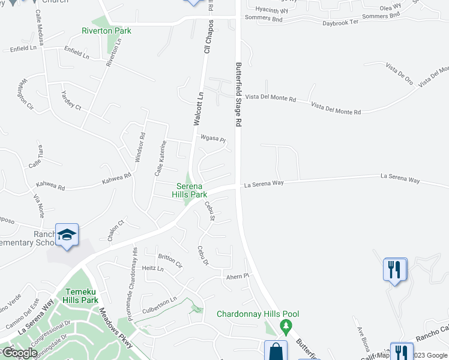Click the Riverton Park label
pyautogui.click(x=106, y=31)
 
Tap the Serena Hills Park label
pyautogui.click(x=190, y=190)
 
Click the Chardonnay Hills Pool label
pyautogui.click(x=258, y=314)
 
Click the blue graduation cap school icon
pyautogui.click(x=67, y=235)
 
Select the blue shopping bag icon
pyautogui.click(x=276, y=351)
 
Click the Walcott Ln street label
pyautogui.click(x=199, y=108)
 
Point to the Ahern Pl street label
pyautogui.click(x=237, y=277)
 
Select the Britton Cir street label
pyautogui.click(x=170, y=260)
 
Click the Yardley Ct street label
pyautogui.click(x=71, y=100)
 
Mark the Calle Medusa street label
pyautogui.click(x=38, y=25)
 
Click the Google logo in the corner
pyautogui.click(x=19, y=353)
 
